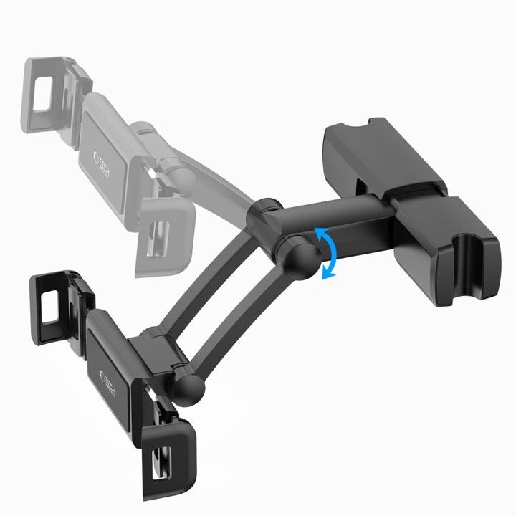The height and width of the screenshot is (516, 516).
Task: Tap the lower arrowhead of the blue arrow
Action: tap(328, 274)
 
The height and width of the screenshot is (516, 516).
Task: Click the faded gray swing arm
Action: tap(208, 179)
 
